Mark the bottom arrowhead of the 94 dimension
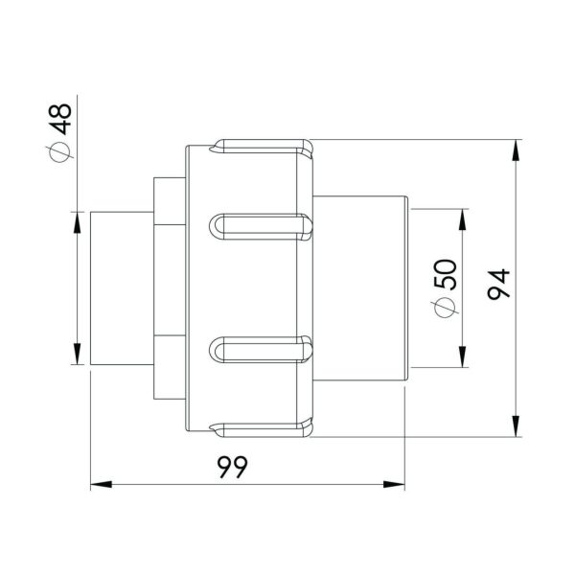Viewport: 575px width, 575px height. pos(517,428)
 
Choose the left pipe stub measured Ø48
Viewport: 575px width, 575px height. pos(121,287)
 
